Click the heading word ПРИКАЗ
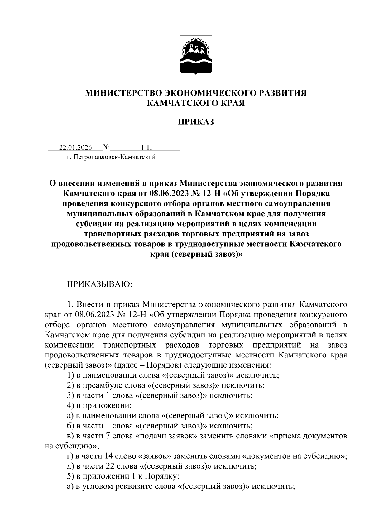pos(196,122)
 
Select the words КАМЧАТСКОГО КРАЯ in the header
pos(196,103)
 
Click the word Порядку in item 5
pos(162,476)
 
